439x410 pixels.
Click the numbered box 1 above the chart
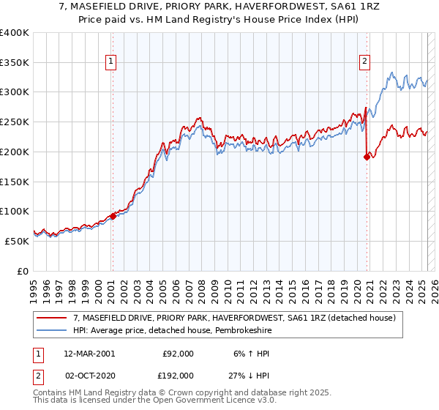(x=111, y=62)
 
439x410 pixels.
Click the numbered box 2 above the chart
(x=364, y=62)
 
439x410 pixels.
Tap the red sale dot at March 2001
(x=113, y=216)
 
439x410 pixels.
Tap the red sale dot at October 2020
(x=367, y=156)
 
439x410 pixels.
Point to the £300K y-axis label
(x=15, y=92)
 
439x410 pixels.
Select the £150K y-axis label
(x=15, y=182)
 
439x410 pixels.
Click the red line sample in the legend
(x=51, y=318)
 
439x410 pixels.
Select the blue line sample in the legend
(x=51, y=330)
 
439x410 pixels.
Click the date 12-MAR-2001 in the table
(x=89, y=354)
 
